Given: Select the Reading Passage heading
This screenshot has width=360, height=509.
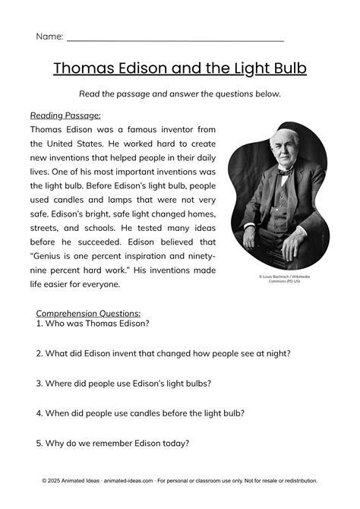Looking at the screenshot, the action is click(x=65, y=115).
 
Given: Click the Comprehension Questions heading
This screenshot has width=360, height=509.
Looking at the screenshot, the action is click(x=88, y=312).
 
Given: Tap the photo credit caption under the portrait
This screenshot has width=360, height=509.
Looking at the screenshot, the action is click(x=284, y=280).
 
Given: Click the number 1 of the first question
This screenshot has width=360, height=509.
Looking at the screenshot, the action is click(x=39, y=323).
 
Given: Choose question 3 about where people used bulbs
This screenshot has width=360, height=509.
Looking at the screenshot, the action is click(x=123, y=384).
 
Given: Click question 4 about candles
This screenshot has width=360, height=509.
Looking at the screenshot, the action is click(x=140, y=414).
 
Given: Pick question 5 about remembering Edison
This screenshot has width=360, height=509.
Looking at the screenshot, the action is click(x=112, y=444).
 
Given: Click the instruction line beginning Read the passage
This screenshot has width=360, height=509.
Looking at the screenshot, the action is click(x=180, y=94).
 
